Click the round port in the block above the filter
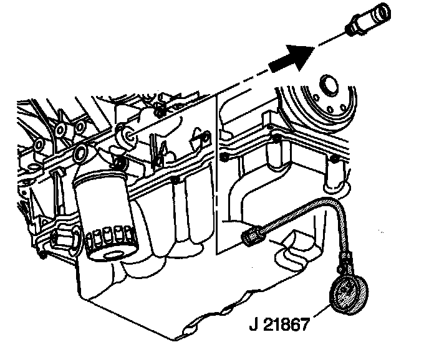pos(80,154)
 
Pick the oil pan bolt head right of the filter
pos(177,181)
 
